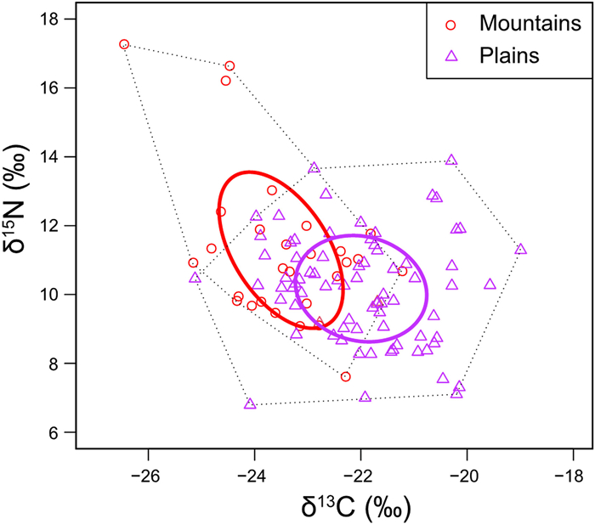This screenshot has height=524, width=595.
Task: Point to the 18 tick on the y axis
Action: point(73,19)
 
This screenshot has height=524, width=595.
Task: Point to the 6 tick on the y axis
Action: point(73,432)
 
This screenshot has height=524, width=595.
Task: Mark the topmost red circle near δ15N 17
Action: point(124,44)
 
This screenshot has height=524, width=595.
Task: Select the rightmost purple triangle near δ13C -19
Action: point(520,249)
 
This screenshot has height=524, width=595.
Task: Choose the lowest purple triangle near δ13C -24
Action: point(250,403)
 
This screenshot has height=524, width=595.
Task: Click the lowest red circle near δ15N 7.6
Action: point(345,376)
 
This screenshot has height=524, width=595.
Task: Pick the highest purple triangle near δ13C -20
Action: point(451,160)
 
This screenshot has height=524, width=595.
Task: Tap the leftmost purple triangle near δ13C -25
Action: point(195,277)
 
